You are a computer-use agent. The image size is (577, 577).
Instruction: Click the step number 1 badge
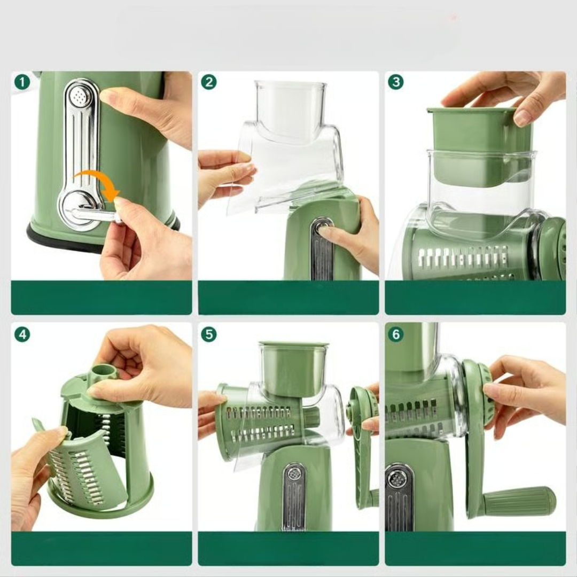pos(22,82)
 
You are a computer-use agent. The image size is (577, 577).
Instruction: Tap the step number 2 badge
pos(209,82)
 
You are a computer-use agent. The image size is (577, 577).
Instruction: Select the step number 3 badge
pos(396,82)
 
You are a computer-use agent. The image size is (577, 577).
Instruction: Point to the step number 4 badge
pos(22,334)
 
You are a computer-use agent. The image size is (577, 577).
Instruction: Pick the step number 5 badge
pos(209,334)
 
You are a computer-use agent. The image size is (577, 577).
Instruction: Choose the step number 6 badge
pos(396,334)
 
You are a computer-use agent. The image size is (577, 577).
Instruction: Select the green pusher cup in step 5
pos(293,368)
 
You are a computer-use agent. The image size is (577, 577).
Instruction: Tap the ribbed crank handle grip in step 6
pos(519,501)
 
